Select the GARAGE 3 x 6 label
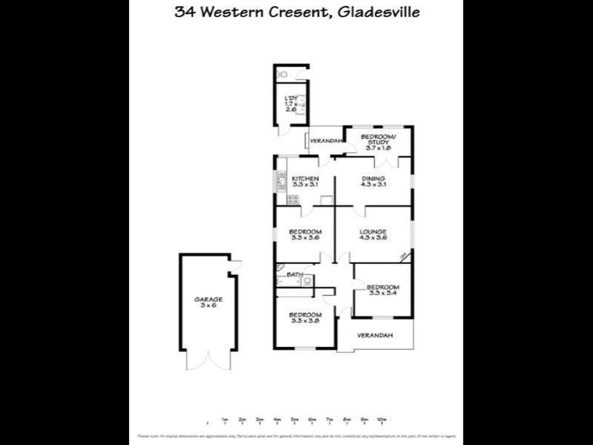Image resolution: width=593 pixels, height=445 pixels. [x=208, y=303]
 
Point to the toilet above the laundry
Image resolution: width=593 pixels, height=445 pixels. [x=282, y=75]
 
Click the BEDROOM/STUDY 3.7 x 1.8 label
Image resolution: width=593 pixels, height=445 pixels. [x=378, y=142]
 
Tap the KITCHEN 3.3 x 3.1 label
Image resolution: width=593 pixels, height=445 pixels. [x=305, y=182]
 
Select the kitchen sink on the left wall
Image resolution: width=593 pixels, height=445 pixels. [x=281, y=180]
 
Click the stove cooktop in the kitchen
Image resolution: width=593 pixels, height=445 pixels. [x=293, y=199]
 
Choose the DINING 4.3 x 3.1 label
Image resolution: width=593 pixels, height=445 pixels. [x=373, y=182]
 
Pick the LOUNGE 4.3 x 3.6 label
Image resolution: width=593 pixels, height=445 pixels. [x=373, y=236]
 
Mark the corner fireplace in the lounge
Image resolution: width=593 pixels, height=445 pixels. [x=404, y=257]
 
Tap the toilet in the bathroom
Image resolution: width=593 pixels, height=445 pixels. [x=308, y=280]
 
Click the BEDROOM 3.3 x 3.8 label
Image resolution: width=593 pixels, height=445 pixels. [x=305, y=317]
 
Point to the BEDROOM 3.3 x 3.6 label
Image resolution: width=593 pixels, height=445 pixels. [x=305, y=236]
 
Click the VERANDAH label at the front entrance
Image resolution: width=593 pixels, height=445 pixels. [x=374, y=336]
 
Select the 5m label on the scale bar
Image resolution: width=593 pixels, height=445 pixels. [x=294, y=420]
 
